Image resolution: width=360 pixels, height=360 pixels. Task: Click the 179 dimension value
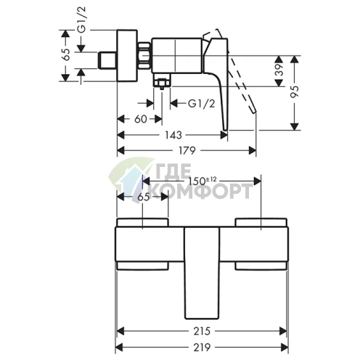187,150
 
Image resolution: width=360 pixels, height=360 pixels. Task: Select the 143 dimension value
173,135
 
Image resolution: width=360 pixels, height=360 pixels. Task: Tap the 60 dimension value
141,119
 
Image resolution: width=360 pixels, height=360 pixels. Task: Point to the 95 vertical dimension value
295,92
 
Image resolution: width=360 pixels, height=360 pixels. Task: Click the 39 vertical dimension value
279,70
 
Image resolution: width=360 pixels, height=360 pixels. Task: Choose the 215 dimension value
202,331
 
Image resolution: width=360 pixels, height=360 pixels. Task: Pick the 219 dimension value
202,348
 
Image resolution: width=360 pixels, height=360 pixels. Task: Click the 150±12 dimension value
202,181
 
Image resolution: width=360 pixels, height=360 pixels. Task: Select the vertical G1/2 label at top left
82,20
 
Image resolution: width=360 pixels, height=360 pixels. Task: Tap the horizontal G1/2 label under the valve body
202,104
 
